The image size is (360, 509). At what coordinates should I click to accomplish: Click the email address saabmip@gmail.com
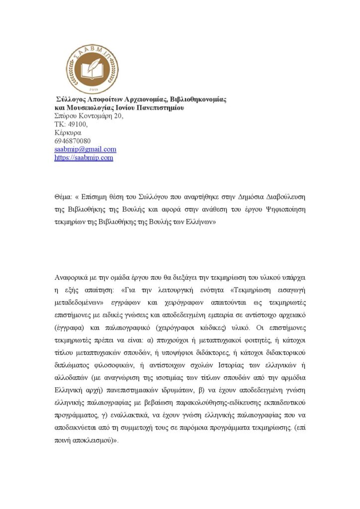point(85,149)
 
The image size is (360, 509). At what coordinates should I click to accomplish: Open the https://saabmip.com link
point(84,158)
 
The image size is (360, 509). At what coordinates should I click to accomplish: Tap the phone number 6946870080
point(72,141)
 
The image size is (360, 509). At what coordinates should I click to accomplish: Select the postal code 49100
point(76,124)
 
